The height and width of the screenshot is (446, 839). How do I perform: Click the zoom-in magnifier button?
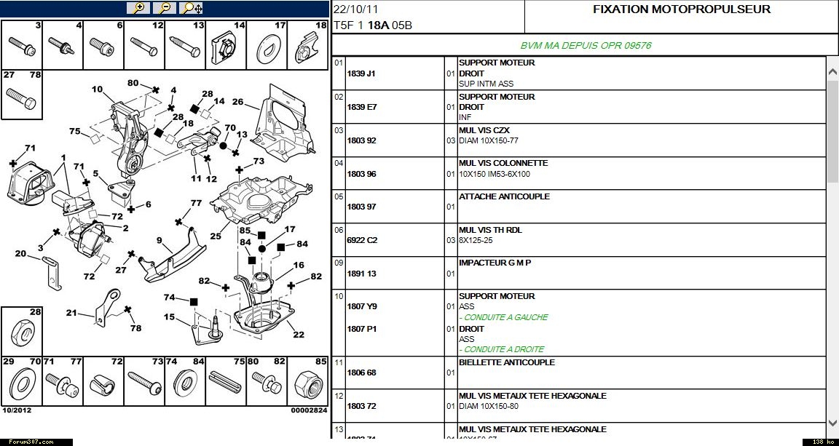click(x=138, y=8)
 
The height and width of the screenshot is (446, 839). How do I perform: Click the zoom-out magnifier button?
click(x=165, y=8)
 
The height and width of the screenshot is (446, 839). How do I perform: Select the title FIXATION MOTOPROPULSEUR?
click(x=681, y=9)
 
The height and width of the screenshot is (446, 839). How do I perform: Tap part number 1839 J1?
click(x=361, y=73)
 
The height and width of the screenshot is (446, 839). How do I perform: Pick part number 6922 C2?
click(x=362, y=240)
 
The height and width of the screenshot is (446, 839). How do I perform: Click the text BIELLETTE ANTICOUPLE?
click(x=506, y=362)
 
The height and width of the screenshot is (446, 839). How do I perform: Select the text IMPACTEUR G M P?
click(x=495, y=263)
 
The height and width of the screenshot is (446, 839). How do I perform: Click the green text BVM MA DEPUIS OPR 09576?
click(x=586, y=45)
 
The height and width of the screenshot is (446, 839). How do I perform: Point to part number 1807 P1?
click(x=362, y=329)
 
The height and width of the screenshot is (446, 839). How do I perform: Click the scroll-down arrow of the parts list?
click(x=832, y=422)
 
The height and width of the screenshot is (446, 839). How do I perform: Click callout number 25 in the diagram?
click(x=216, y=236)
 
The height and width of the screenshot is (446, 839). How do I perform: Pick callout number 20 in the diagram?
click(x=20, y=254)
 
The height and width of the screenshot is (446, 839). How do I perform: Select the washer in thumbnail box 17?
click(x=266, y=47)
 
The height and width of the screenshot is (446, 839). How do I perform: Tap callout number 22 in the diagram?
click(x=299, y=335)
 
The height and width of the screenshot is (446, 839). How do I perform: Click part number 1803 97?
click(x=362, y=207)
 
